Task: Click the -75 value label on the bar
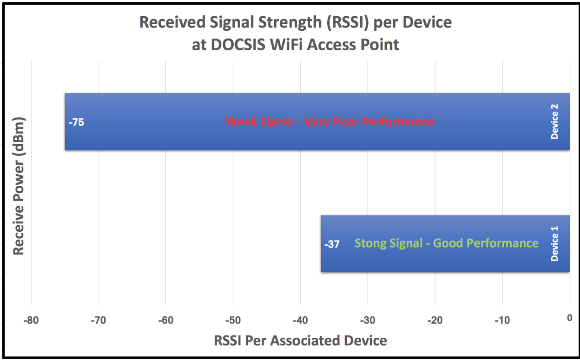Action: pyautogui.click(x=76, y=122)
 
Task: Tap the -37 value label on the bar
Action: pyautogui.click(x=332, y=244)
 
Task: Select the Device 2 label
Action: pyautogui.click(x=554, y=121)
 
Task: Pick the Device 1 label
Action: pyautogui.click(x=554, y=244)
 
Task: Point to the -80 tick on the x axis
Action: pyautogui.click(x=31, y=321)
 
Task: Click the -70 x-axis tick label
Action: pyautogui.click(x=99, y=321)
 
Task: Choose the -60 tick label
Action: pyautogui.click(x=166, y=321)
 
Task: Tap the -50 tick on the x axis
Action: pyautogui.click(x=233, y=321)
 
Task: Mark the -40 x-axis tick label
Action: pyautogui.click(x=300, y=321)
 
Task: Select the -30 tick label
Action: pyautogui.click(x=368, y=321)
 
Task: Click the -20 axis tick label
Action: pyautogui.click(x=435, y=321)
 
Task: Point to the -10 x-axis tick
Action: pyautogui.click(x=502, y=321)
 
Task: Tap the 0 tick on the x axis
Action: pyautogui.click(x=570, y=318)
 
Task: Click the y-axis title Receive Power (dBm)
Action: pyautogui.click(x=19, y=186)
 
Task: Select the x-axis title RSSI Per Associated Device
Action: pyautogui.click(x=300, y=341)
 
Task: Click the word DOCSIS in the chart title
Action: pyautogui.click(x=238, y=45)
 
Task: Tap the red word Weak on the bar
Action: pyautogui.click(x=241, y=121)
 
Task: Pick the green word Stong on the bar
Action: pyautogui.click(x=370, y=243)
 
